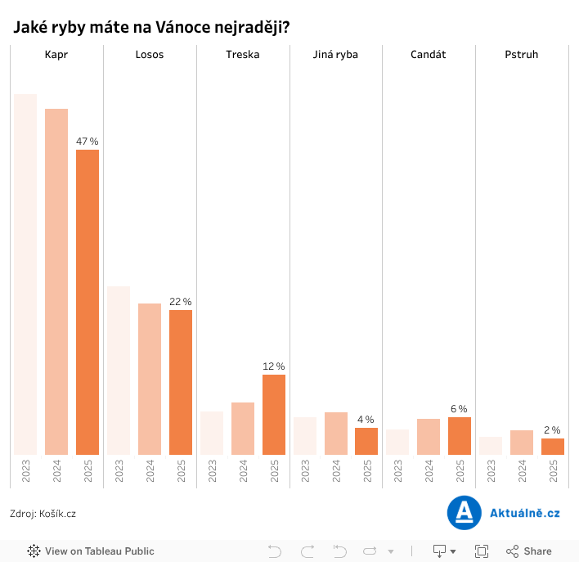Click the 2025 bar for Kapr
coord(88,302)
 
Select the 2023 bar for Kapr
coord(25,274)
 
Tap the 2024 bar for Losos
coord(150,379)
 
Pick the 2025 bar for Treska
coord(274,414)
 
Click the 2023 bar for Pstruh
coord(491,446)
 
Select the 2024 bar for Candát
coord(429,437)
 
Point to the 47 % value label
coord(88,142)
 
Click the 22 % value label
coord(181,302)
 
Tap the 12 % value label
coord(274,366)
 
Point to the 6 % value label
coord(459,409)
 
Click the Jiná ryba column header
coord(336,55)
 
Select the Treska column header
coord(243,55)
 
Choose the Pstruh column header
coord(522,55)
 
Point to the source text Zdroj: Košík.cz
coord(43,514)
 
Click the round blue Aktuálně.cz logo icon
coord(464,513)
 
